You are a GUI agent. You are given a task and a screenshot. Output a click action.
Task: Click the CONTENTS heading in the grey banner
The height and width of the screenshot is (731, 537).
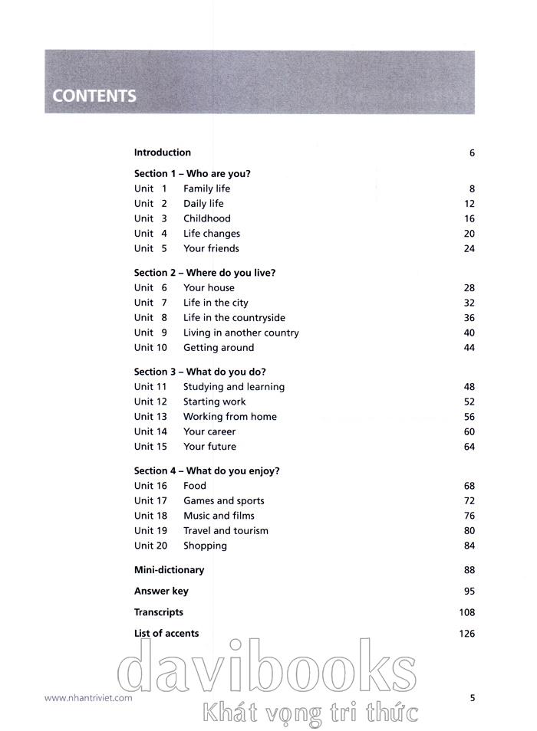tap(94, 97)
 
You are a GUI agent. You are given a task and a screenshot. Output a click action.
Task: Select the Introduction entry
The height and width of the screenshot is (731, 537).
tap(162, 152)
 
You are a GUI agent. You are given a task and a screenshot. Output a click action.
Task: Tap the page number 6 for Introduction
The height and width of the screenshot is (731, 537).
tap(472, 153)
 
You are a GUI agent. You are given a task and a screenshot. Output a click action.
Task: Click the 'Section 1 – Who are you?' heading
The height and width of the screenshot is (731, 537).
tap(192, 174)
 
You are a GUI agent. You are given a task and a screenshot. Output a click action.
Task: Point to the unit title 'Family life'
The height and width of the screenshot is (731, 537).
tap(206, 188)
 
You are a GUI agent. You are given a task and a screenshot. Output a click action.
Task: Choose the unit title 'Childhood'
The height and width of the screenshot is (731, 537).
tap(206, 218)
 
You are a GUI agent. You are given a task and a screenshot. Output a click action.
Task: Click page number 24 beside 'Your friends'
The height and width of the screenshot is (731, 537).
tap(469, 248)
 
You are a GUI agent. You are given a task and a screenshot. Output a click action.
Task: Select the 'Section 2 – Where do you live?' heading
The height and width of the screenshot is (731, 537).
tap(204, 273)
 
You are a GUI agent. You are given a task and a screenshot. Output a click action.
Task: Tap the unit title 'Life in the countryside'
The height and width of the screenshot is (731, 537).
tap(234, 318)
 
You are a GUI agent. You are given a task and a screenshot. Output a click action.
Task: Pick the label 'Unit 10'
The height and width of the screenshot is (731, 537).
tap(150, 348)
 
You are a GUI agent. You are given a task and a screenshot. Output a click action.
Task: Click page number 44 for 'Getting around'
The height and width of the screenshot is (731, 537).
tap(469, 348)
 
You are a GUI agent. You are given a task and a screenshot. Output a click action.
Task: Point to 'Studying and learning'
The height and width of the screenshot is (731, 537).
tap(233, 387)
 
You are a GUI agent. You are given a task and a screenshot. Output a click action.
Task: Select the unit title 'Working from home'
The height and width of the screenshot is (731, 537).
tap(229, 417)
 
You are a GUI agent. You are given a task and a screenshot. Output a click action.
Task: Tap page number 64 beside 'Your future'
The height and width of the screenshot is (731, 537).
tap(469, 447)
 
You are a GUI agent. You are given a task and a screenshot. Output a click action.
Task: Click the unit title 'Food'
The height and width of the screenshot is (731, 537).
tap(195, 486)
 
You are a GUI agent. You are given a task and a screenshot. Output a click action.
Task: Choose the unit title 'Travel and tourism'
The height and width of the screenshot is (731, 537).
tap(226, 531)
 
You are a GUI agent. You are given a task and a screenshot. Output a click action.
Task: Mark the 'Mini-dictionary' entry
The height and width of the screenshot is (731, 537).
tap(169, 570)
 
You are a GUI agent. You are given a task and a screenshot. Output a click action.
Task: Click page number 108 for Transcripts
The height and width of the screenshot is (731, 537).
tap(466, 612)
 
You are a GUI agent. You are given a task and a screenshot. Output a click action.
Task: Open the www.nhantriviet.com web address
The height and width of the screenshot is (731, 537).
tap(88, 698)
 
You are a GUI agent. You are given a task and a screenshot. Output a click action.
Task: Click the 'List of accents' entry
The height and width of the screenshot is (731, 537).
tap(166, 634)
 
